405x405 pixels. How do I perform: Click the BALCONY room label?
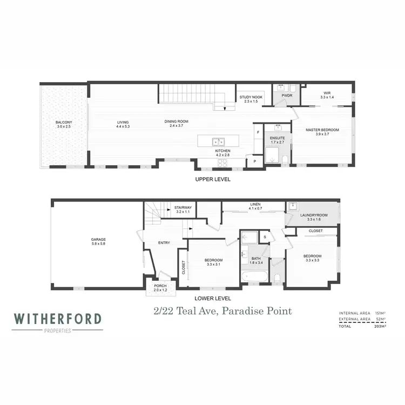(x=64, y=123)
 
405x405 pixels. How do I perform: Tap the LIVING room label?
(x=123, y=123)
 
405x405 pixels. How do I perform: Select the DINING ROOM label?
(x=177, y=122)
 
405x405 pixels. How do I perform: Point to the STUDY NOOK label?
(x=251, y=98)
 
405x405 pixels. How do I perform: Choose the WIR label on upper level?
(x=327, y=93)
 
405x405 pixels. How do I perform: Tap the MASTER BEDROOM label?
(x=322, y=130)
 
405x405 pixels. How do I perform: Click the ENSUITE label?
(x=278, y=139)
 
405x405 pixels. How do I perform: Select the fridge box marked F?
(x=259, y=132)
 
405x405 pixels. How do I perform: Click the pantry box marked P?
(x=254, y=161)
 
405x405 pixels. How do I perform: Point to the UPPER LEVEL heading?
(x=213, y=179)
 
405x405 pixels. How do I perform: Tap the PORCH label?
(x=160, y=286)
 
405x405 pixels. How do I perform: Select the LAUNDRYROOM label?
(x=314, y=215)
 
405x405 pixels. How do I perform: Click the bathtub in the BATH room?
(x=254, y=278)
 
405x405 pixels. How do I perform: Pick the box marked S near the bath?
(x=265, y=237)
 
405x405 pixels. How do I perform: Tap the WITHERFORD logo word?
(x=58, y=319)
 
